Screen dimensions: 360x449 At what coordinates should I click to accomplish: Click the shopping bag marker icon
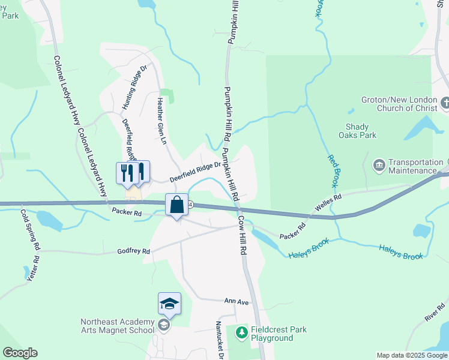(177, 205)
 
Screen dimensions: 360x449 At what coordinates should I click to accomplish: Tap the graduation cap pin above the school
(169, 304)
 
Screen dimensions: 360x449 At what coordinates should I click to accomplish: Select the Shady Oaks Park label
(361, 131)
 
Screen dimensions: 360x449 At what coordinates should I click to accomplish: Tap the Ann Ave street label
(237, 302)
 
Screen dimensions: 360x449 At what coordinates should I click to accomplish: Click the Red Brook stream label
(333, 171)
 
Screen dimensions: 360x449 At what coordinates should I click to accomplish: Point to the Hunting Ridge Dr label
(134, 88)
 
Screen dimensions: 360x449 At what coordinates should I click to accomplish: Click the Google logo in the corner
(20, 353)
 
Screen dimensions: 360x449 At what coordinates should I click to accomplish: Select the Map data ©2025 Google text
(411, 355)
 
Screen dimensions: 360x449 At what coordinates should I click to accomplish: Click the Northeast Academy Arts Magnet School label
(118, 326)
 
